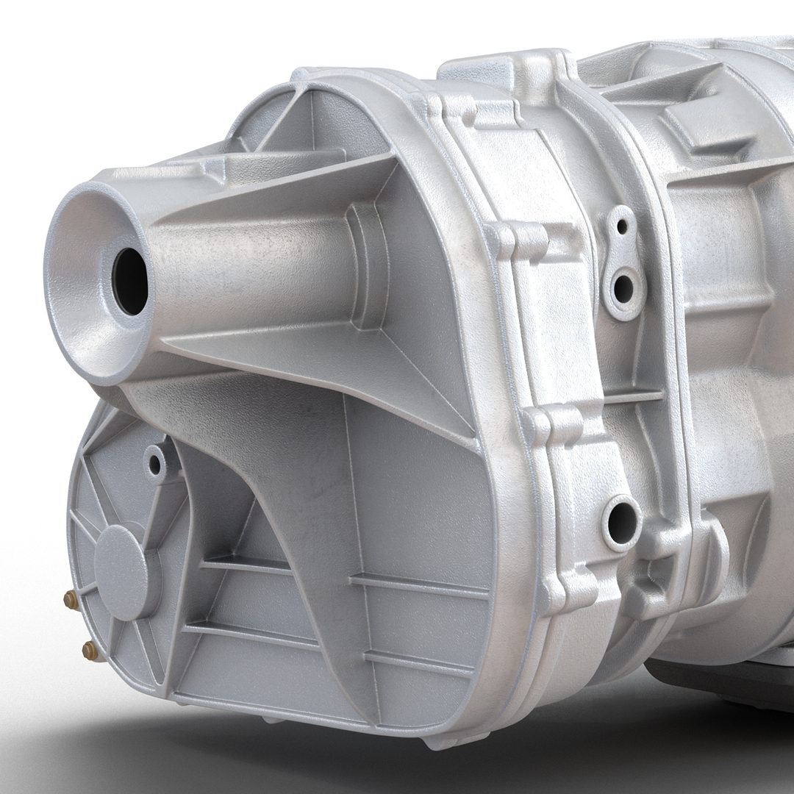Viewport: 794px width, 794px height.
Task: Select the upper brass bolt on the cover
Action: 71,600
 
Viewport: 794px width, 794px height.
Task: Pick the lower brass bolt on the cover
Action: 90,648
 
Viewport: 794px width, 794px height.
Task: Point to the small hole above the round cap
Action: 155,463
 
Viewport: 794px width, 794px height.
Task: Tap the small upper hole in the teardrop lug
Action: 622,226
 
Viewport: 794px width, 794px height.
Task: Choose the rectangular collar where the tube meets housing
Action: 368,265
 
